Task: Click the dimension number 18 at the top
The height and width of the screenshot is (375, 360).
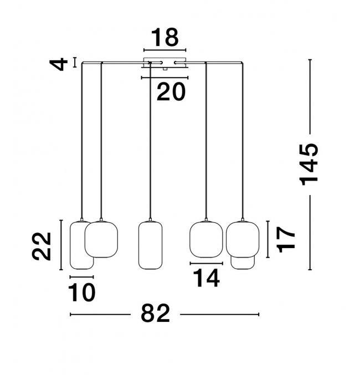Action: tap(165, 37)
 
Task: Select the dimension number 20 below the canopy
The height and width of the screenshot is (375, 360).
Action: tap(171, 91)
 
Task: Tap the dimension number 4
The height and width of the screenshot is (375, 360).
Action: tap(58, 64)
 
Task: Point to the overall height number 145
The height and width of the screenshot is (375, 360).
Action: tap(309, 165)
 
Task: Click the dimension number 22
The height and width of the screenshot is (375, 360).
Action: tap(42, 246)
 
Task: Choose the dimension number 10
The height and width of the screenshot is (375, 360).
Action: tap(82, 292)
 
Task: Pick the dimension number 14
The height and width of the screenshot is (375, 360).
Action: tap(206, 278)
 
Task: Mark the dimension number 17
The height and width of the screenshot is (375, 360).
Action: tap(286, 240)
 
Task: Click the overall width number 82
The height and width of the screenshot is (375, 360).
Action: tap(156, 313)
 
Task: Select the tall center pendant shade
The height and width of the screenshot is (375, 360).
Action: tap(150, 245)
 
